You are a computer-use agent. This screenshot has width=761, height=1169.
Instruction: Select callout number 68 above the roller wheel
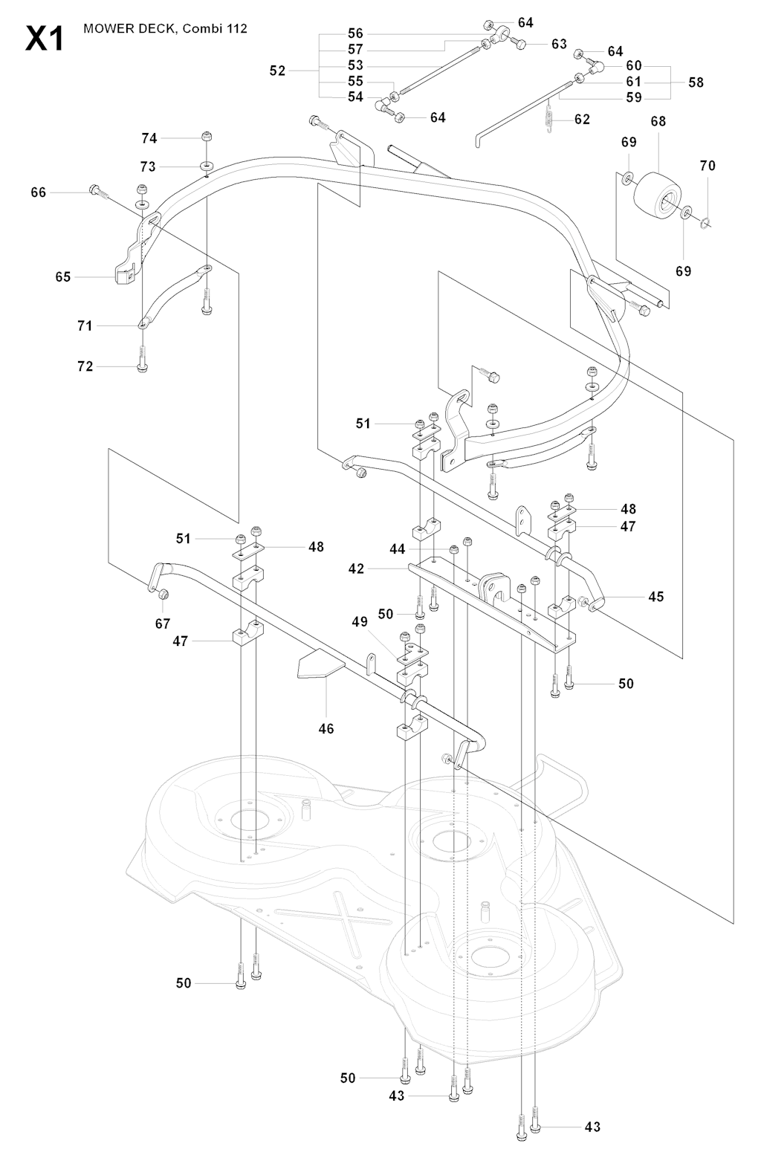coord(658,121)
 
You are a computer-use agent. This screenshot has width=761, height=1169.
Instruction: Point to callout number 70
coord(707,166)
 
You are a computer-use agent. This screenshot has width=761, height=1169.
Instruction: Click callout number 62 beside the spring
coord(582,119)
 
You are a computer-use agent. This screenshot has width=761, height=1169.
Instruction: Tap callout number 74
coord(149,138)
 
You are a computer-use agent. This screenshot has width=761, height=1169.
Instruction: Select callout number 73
coord(148,167)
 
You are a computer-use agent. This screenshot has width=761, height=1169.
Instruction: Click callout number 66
coord(39,192)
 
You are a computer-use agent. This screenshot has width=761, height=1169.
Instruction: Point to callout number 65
coord(63,277)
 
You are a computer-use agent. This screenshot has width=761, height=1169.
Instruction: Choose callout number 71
coord(85,326)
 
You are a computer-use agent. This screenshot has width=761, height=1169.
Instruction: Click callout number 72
coord(85,366)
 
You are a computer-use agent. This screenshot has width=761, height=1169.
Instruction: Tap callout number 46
coord(326,728)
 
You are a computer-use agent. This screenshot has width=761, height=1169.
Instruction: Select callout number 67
coord(162,624)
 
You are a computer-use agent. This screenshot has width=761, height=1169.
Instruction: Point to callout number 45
coord(656,596)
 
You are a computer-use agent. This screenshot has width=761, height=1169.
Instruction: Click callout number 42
coord(357,569)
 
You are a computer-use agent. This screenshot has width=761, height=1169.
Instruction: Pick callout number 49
coord(360,621)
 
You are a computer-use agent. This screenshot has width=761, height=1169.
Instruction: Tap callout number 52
coord(277,71)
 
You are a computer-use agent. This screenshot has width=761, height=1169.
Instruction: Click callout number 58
coord(696,82)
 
